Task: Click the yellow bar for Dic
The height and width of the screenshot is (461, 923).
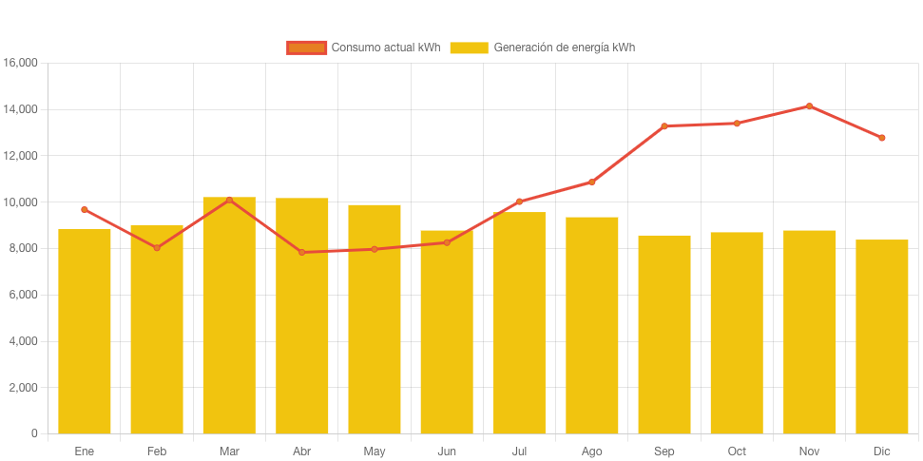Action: click(882, 336)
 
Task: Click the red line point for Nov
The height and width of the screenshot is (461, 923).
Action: click(809, 106)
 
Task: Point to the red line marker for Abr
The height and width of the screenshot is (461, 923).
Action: click(301, 252)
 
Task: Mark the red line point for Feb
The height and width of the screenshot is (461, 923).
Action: click(157, 247)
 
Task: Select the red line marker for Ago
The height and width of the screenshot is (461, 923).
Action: click(591, 182)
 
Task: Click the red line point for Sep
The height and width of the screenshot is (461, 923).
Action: click(664, 125)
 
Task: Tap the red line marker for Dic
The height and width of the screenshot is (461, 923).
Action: click(882, 138)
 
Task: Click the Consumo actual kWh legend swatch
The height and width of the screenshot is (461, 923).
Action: click(306, 48)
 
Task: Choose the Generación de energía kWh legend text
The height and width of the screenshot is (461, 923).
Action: click(565, 48)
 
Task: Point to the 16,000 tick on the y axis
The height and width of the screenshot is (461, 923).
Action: click(21, 63)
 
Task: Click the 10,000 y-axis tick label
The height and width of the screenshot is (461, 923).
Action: click(21, 202)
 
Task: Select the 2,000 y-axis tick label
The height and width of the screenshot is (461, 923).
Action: click(23, 388)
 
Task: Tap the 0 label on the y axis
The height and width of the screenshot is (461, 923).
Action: click(34, 433)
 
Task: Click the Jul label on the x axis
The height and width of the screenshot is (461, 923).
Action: click(519, 451)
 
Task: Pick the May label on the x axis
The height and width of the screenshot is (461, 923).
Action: click(375, 451)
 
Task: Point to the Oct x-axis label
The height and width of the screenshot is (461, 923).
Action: click(737, 451)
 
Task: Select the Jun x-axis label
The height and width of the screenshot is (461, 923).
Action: click(447, 451)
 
